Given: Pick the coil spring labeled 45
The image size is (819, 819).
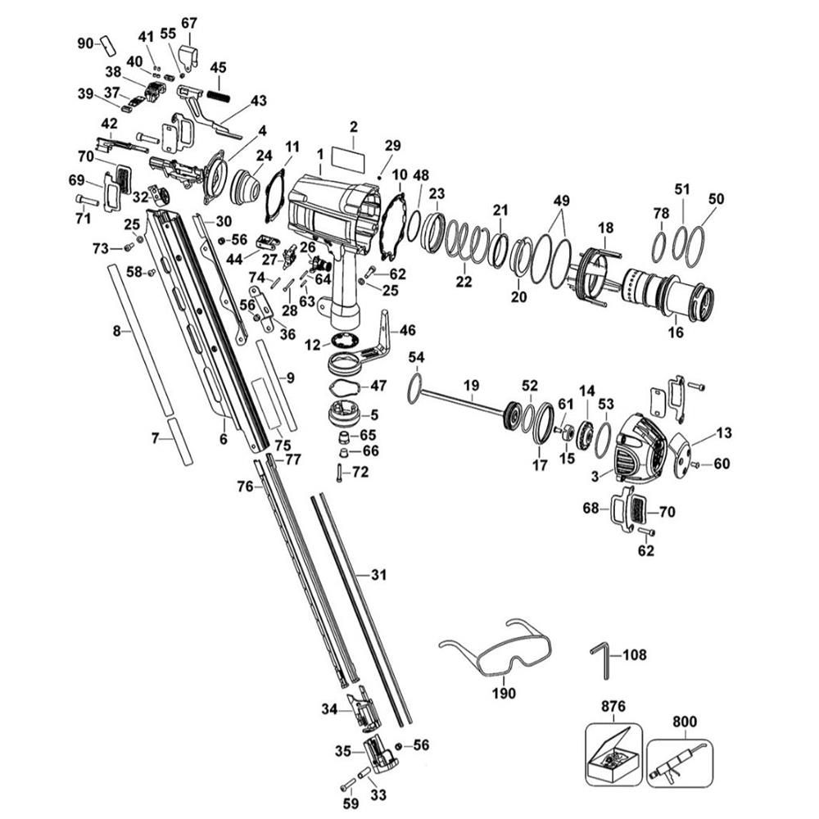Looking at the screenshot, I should (x=217, y=95).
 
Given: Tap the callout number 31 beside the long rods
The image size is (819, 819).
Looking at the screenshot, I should (x=378, y=575).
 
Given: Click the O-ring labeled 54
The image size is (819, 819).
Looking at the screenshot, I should (x=415, y=387).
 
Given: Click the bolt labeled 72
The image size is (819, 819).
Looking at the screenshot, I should (x=338, y=473).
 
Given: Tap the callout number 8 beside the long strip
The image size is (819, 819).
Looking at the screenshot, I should (x=117, y=331).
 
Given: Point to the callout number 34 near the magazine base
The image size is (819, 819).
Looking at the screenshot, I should (x=329, y=708).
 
